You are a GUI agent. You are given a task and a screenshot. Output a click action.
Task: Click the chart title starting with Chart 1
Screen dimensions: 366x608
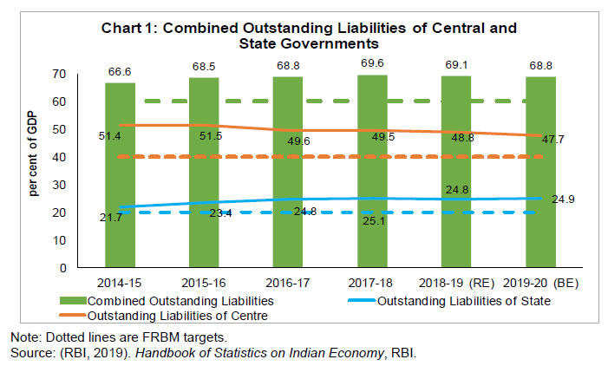tap(315, 34)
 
